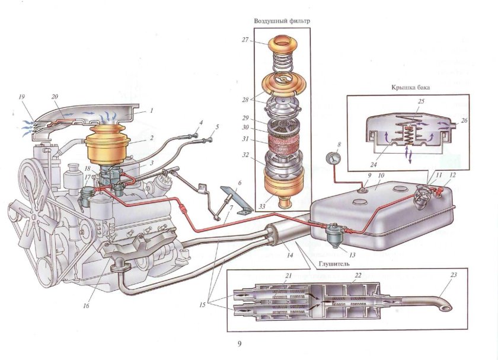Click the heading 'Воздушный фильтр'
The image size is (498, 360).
point(282,21)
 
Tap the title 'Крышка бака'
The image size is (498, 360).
point(411,87)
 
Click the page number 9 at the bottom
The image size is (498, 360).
point(240,343)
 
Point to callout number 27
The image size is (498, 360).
point(245,40)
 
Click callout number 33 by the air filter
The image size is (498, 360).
point(261,206)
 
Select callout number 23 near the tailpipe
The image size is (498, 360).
point(454,275)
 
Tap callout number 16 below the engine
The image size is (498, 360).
point(86,305)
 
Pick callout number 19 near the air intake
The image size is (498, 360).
point(21,97)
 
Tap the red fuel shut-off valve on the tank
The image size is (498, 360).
point(440,191)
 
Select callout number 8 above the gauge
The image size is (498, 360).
point(339,145)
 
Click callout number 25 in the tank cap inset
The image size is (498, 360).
point(421,101)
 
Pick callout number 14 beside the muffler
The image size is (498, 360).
point(290,255)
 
